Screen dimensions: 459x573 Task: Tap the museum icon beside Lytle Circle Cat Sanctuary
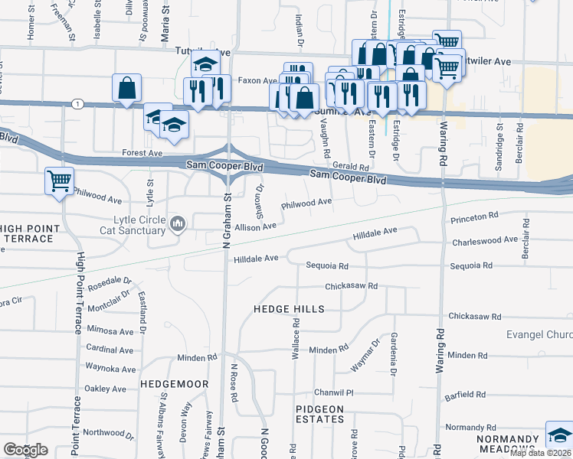(x=179, y=223)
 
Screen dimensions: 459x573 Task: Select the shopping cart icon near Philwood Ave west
(x=59, y=181)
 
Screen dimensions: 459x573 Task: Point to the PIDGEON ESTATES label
(x=319, y=415)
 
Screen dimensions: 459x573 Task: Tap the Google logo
(x=25, y=450)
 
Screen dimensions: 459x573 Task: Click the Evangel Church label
(x=539, y=335)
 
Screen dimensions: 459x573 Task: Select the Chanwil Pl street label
(x=337, y=392)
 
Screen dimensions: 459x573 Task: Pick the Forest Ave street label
(x=142, y=153)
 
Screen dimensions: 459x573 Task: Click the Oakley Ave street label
(x=104, y=389)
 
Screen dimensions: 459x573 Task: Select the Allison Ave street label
(x=255, y=227)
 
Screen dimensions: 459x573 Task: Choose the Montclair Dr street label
(x=110, y=304)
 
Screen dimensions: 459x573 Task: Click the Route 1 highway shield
(x=77, y=103)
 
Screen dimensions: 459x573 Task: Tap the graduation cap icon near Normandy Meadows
(x=558, y=435)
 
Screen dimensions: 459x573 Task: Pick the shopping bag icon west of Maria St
(x=126, y=88)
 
